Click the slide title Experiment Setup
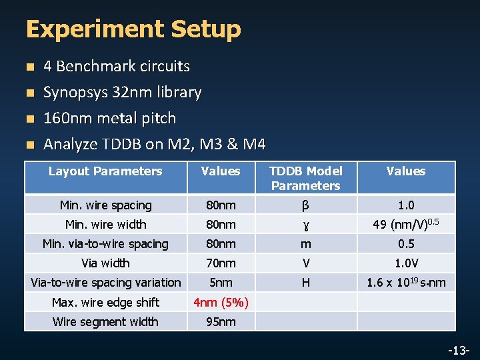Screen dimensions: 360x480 click(133, 29)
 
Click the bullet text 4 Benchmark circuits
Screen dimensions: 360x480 click(117, 66)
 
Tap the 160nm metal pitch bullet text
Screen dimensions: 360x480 click(109, 118)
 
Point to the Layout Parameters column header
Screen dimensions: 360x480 click(105, 171)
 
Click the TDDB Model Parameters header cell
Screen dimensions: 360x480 click(306, 178)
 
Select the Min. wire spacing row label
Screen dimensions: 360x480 click(105, 205)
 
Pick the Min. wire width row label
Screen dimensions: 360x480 click(105, 225)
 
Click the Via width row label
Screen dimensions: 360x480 click(105, 263)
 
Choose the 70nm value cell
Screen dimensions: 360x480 click(221, 263)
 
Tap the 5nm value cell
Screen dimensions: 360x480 click(221, 283)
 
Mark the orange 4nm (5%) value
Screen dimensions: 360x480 click(221, 303)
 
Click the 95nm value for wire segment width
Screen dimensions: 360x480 click(221, 322)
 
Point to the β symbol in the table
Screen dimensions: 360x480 click(305, 205)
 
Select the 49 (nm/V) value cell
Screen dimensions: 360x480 click(405, 224)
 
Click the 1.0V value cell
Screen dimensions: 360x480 click(405, 263)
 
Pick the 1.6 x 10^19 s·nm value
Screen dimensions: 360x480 click(406, 283)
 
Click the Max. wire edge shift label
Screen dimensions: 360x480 click(105, 303)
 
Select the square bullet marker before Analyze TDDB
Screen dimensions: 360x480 click(28, 145)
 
